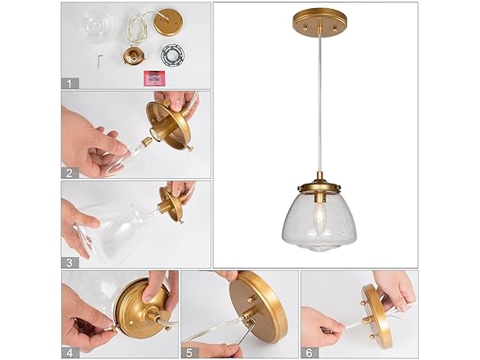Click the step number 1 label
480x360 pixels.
pyautogui.click(x=70, y=83)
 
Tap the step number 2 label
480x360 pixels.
pyautogui.click(x=70, y=173)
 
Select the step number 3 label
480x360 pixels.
pyautogui.click(x=70, y=263)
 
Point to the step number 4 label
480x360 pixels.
pyautogui.click(x=70, y=353)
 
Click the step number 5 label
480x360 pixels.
pyautogui.click(x=189, y=353)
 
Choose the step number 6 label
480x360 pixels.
pyautogui.click(x=309, y=353)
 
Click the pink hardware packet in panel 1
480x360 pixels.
pyautogui.click(x=154, y=78)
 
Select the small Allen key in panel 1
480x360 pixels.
pyautogui.click(x=100, y=62)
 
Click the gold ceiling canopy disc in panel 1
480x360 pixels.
pyautogui.click(x=167, y=22)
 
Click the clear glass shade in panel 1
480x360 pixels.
pyautogui.click(x=96, y=25)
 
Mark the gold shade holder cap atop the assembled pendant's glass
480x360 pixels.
pyautogui.click(x=320, y=186)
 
